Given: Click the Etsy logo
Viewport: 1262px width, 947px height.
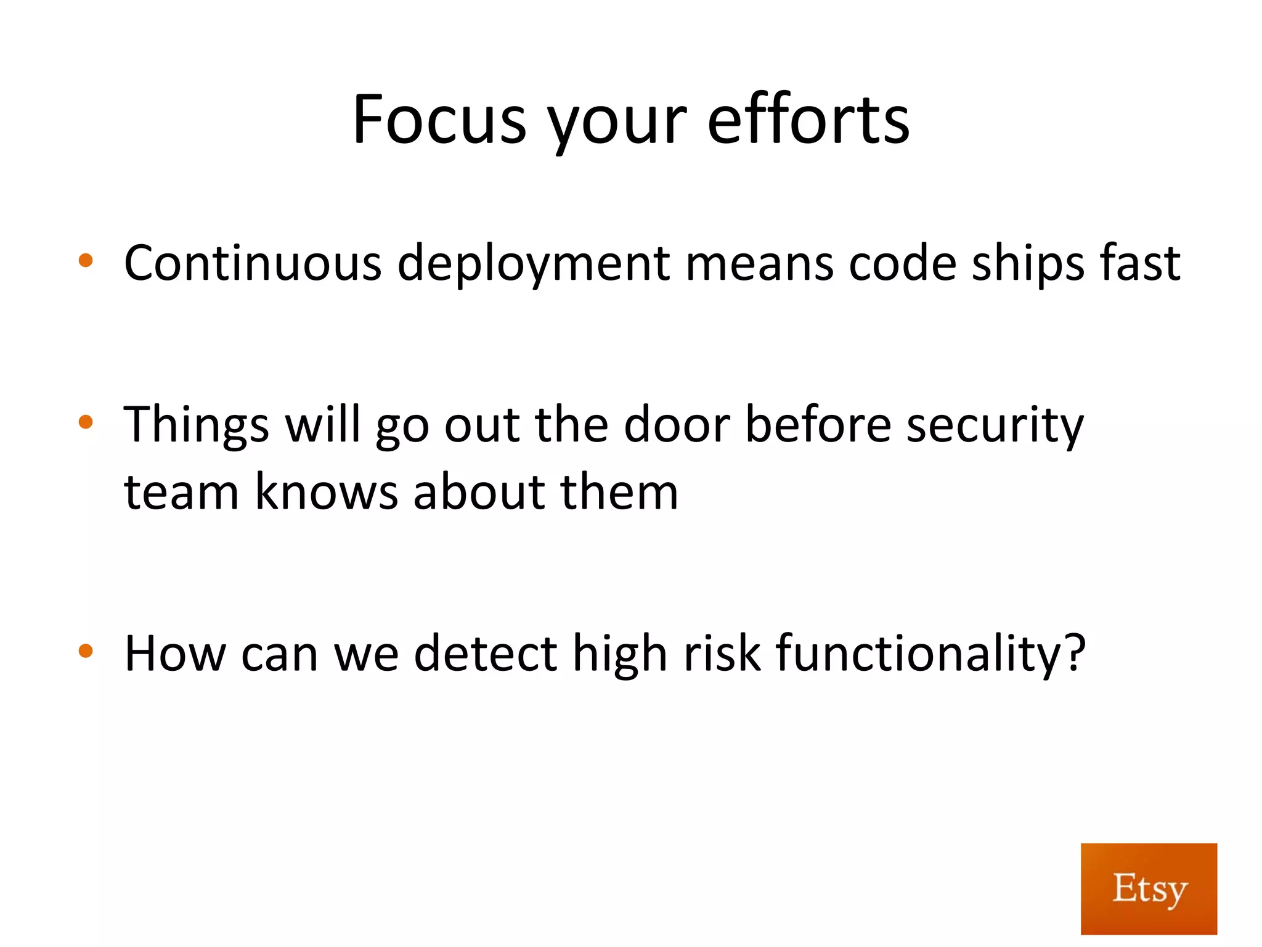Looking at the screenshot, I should (1149, 888).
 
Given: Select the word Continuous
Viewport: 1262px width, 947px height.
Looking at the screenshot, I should (253, 263).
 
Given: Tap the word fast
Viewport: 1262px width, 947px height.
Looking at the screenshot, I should (1140, 263).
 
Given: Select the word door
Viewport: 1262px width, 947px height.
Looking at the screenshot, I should (677, 425).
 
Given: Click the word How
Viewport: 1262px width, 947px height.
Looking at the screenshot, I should (175, 654).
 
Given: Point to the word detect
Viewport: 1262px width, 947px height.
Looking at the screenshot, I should (486, 654).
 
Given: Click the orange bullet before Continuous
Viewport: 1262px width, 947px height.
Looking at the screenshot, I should (86, 261).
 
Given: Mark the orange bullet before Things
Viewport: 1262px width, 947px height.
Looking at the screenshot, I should (86, 422).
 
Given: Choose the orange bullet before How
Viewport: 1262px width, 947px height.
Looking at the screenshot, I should (86, 650).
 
